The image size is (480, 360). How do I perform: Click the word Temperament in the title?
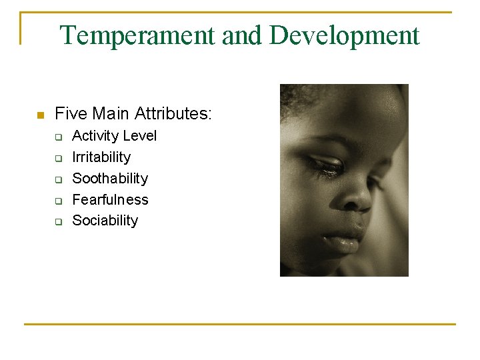[x=138, y=35]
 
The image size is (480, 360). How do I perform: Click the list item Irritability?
[x=101, y=157]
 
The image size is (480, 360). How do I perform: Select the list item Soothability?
[x=110, y=179]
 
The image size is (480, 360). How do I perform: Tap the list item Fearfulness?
[x=110, y=199]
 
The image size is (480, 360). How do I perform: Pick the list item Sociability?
[x=105, y=221]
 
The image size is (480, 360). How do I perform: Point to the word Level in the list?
[x=141, y=136]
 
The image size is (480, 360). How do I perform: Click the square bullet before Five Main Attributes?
[x=40, y=115]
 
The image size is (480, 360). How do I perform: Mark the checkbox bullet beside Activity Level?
[x=58, y=137]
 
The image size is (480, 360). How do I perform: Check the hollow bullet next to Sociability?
[x=58, y=222]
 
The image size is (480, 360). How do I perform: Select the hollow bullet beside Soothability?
[x=58, y=180]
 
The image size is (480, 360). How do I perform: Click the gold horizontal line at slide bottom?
[x=240, y=324]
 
